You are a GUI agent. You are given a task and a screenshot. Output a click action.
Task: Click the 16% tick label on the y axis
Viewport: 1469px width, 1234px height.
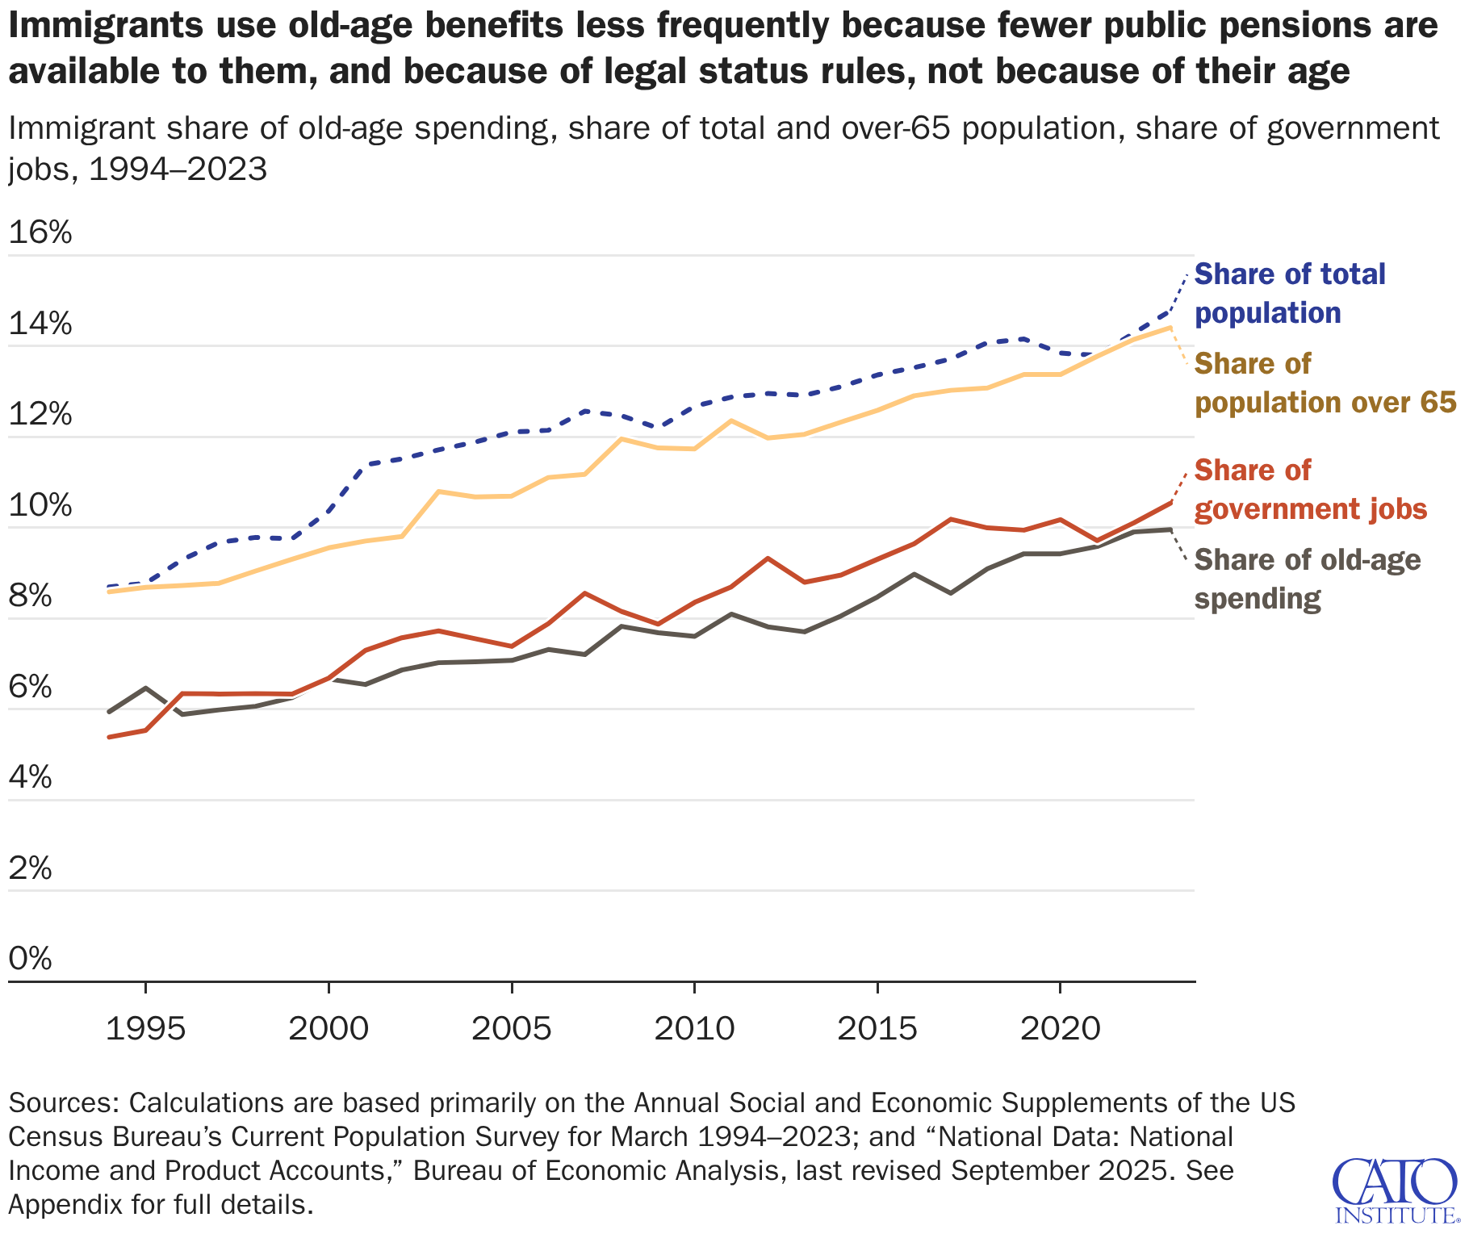[x=40, y=233]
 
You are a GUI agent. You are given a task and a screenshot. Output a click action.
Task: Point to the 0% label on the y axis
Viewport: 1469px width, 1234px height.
[x=31, y=959]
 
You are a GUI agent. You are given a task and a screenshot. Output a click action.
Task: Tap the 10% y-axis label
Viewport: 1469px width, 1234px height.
[x=40, y=506]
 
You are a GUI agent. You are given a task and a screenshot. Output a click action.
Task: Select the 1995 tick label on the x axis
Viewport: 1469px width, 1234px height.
[x=145, y=1029]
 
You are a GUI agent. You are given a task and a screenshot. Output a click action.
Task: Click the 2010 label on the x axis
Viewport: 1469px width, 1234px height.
[x=694, y=1029]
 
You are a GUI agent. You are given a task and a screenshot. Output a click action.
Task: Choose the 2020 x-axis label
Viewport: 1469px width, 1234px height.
[x=1060, y=1029]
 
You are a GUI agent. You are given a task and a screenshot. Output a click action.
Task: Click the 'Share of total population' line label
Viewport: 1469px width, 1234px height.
[x=1289, y=293]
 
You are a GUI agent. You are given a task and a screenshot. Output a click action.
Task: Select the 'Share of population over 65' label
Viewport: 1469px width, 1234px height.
[x=1325, y=383]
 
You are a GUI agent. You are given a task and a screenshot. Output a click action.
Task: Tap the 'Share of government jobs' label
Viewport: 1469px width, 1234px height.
[x=1310, y=489]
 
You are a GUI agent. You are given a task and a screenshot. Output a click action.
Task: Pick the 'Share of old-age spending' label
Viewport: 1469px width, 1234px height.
[x=1307, y=579]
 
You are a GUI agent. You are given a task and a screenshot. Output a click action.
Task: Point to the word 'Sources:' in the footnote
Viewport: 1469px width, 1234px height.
[x=64, y=1102]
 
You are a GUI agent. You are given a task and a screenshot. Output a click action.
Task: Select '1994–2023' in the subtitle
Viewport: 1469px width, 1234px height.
[x=178, y=169]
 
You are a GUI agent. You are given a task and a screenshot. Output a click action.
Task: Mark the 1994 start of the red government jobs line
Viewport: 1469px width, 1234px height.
[x=109, y=737]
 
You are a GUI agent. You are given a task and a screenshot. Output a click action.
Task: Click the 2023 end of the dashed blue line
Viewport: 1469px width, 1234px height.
[x=1170, y=311]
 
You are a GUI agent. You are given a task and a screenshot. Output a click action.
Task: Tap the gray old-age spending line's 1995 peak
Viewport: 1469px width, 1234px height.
[x=145, y=688]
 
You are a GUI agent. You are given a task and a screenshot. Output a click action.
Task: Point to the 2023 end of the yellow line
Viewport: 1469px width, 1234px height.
[x=1170, y=327]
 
